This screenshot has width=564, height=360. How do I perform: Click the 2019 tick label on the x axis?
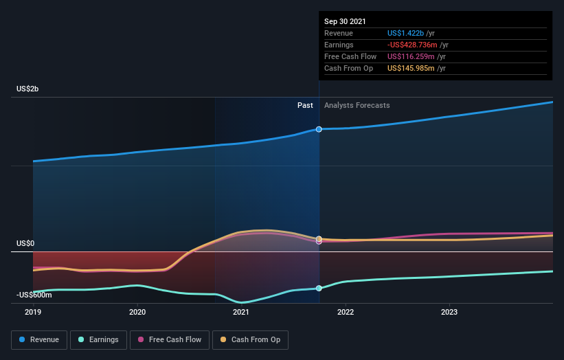pyautogui.click(x=33, y=312)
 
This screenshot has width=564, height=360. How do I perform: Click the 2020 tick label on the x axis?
pyautogui.click(x=137, y=312)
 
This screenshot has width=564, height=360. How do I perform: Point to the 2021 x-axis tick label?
pyautogui.click(x=241, y=312)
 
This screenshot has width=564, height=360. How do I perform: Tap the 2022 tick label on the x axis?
pyautogui.click(x=346, y=312)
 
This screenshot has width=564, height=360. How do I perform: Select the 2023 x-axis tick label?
pyautogui.click(x=449, y=312)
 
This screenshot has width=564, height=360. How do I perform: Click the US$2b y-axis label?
pyautogui.click(x=30, y=89)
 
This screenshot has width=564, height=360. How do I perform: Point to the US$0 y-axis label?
pyautogui.click(x=27, y=244)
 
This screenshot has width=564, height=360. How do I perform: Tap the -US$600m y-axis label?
pyautogui.click(x=34, y=295)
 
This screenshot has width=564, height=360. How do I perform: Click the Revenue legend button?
pyautogui.click(x=40, y=339)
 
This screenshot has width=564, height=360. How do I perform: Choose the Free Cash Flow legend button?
pyautogui.click(x=170, y=339)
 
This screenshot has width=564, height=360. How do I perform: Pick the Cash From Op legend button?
pyautogui.click(x=250, y=339)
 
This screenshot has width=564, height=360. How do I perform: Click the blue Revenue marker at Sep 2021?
pyautogui.click(x=319, y=129)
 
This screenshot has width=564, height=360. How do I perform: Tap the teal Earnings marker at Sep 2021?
pyautogui.click(x=319, y=288)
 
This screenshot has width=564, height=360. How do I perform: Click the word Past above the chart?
pyautogui.click(x=305, y=106)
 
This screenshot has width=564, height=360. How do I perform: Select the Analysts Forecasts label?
pyautogui.click(x=357, y=106)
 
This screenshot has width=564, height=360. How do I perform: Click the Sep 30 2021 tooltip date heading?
pyautogui.click(x=345, y=21)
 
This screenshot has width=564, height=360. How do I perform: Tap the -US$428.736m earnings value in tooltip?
pyautogui.click(x=411, y=45)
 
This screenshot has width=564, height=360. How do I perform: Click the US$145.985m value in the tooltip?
pyautogui.click(x=411, y=68)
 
